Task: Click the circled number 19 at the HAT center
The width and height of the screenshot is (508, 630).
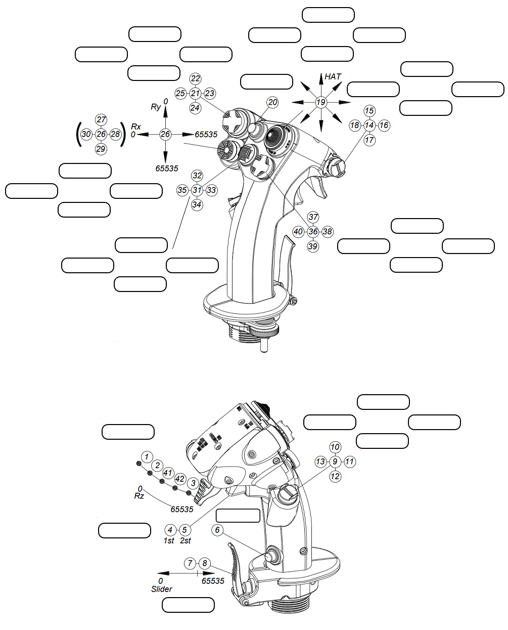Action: coord(321,102)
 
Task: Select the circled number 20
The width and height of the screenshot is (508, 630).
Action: coord(272,102)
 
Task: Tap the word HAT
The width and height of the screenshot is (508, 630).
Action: coord(333,76)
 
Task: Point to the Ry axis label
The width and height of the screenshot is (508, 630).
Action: coord(156,107)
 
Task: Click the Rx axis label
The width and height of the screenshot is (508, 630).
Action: coord(136,127)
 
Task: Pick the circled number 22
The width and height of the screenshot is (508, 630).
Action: coord(195,78)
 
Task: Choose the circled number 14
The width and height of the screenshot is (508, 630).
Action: coord(369,125)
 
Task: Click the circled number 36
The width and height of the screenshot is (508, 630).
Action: coord(313,231)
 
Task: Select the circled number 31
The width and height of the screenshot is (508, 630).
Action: coord(197,190)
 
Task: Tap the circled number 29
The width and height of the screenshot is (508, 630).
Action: coord(101,148)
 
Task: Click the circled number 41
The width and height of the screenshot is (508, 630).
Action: coord(167,473)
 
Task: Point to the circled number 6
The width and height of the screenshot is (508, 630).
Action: coord(217,529)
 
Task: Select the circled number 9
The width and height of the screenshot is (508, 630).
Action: coord(335,461)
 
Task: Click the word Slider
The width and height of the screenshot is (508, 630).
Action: coord(161,589)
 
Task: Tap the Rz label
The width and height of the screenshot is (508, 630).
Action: coord(139,495)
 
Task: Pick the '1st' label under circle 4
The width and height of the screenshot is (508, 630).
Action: coord(169,540)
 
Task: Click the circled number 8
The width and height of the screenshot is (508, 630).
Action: coord(204,563)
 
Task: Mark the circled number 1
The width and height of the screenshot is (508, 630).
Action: coord(147,456)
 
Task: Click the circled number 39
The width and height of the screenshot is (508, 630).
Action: coord(313,246)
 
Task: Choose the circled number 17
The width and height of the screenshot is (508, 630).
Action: coord(369,140)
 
